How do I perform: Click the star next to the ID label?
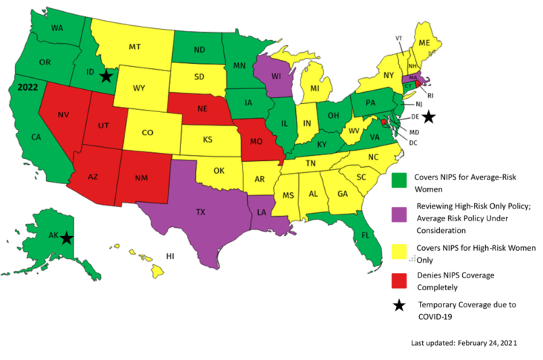[x=107, y=76]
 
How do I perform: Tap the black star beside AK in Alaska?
[x=67, y=238]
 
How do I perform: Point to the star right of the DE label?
[x=428, y=117]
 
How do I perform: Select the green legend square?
[x=399, y=180]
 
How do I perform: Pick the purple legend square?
[x=399, y=214]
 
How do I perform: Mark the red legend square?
[x=399, y=282]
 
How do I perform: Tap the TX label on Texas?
[x=200, y=212]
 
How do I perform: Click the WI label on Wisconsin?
[x=276, y=76]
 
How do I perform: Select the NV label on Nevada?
[x=64, y=115]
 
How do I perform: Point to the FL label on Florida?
[x=366, y=235]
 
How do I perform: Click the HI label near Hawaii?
[x=170, y=256]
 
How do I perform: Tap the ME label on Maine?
[x=424, y=44]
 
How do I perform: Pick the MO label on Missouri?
[x=257, y=140]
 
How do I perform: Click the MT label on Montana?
[x=134, y=47]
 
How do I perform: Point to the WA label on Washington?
[x=57, y=29]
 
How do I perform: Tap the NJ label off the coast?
[x=418, y=105]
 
